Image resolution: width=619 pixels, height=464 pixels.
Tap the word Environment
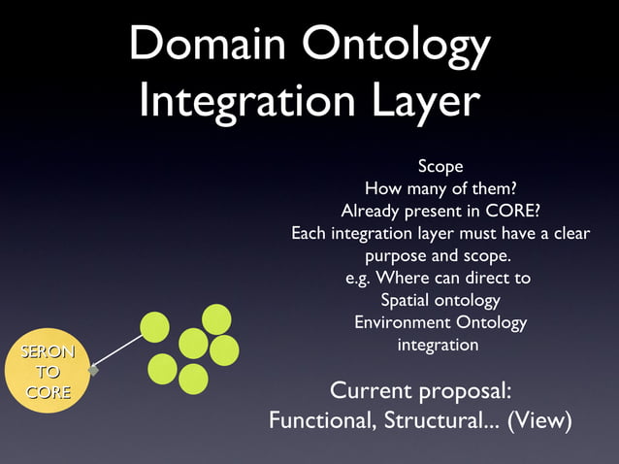click(403, 323)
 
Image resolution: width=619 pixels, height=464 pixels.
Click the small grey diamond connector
click(93, 370)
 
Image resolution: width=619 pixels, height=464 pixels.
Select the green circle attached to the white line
click(154, 327)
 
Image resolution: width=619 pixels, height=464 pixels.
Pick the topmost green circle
click(215, 318)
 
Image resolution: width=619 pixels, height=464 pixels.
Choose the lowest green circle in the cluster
click(193, 379)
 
